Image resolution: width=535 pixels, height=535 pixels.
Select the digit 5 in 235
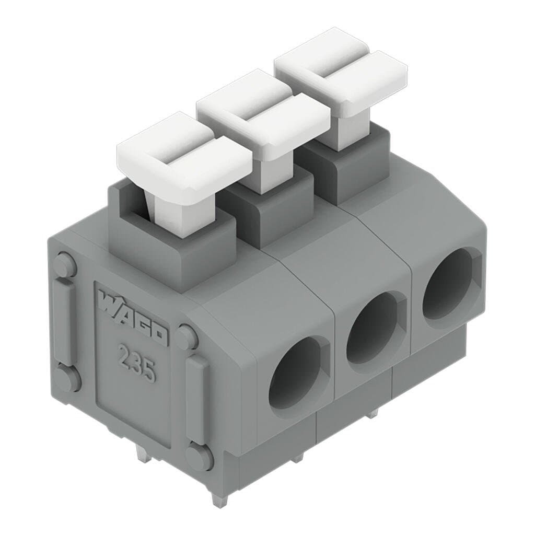coord(148,371)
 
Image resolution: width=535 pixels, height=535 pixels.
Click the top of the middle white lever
coord(263,110)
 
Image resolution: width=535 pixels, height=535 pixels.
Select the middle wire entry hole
coord(373,327)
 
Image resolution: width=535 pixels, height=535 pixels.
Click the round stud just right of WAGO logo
coord(186,337)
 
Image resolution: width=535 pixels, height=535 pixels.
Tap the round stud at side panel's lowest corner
coord(200,456)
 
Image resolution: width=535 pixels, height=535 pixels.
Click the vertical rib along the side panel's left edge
coord(64,321)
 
